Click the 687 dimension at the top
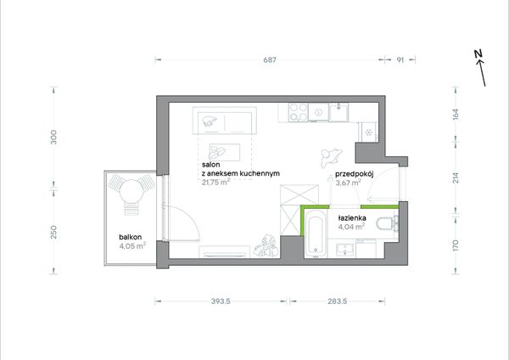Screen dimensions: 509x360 270,60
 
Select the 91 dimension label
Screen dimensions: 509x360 400,60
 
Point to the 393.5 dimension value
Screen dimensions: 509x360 221,301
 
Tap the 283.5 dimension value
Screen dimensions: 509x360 338,301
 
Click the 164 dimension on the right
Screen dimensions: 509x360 456,114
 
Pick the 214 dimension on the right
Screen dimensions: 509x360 456,177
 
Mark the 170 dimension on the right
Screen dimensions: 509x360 456,245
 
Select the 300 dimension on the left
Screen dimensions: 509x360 54,137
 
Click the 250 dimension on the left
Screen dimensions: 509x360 54,232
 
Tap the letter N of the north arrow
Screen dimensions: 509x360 478,54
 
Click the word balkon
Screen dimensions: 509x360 130,237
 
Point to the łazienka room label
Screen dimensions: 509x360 352,218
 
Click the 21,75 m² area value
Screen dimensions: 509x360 215,182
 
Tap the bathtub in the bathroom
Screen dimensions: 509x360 316,233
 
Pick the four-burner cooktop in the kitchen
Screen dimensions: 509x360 299,112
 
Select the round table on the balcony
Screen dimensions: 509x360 131,191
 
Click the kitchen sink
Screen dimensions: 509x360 338,112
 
